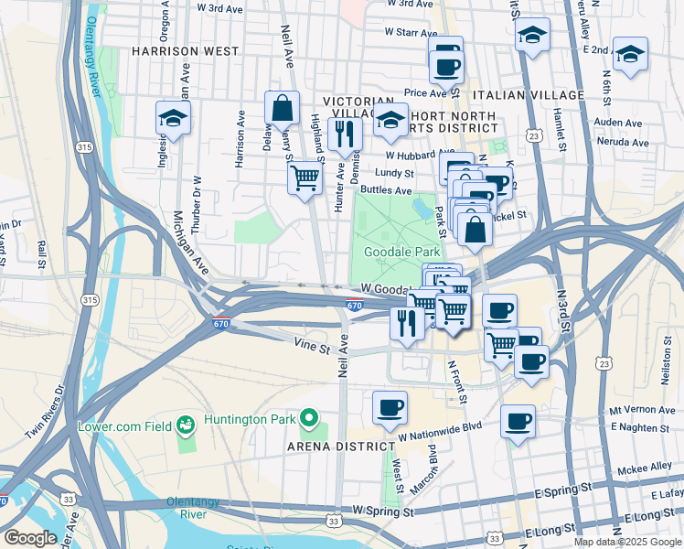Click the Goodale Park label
pyautogui.click(x=402, y=252)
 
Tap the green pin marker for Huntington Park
pyautogui.click(x=309, y=420)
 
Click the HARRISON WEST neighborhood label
pyautogui.click(x=185, y=51)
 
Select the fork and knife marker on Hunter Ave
pyautogui.click(x=345, y=135)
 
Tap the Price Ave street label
pyautogui.click(x=425, y=92)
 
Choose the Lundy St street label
pyautogui.click(x=395, y=172)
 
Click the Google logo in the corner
pyautogui.click(x=30, y=538)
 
